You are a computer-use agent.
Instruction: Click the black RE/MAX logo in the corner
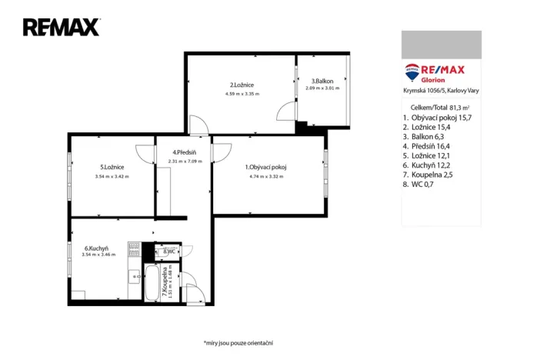62,27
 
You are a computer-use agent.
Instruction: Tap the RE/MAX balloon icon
412,72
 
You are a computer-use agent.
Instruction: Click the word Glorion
433,80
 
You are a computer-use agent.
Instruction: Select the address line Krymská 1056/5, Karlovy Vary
441,91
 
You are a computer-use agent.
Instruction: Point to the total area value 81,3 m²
459,108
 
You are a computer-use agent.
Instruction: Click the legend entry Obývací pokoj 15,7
442,118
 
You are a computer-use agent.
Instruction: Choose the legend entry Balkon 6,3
428,137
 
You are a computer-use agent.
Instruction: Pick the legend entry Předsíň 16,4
431,146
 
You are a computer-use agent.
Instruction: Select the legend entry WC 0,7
422,185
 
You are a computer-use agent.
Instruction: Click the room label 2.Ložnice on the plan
242,85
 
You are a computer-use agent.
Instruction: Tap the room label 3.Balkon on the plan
322,82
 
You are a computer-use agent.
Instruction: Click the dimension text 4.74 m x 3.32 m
267,176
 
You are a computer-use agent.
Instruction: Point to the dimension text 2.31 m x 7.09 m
185,162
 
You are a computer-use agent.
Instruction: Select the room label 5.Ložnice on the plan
112,167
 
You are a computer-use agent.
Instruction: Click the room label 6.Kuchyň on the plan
96,248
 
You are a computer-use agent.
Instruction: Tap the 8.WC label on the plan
169,252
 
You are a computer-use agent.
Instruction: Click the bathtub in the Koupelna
152,283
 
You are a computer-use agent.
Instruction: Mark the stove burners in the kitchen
134,249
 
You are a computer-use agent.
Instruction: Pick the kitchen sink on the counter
135,276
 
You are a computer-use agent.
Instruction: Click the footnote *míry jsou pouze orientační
238,343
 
